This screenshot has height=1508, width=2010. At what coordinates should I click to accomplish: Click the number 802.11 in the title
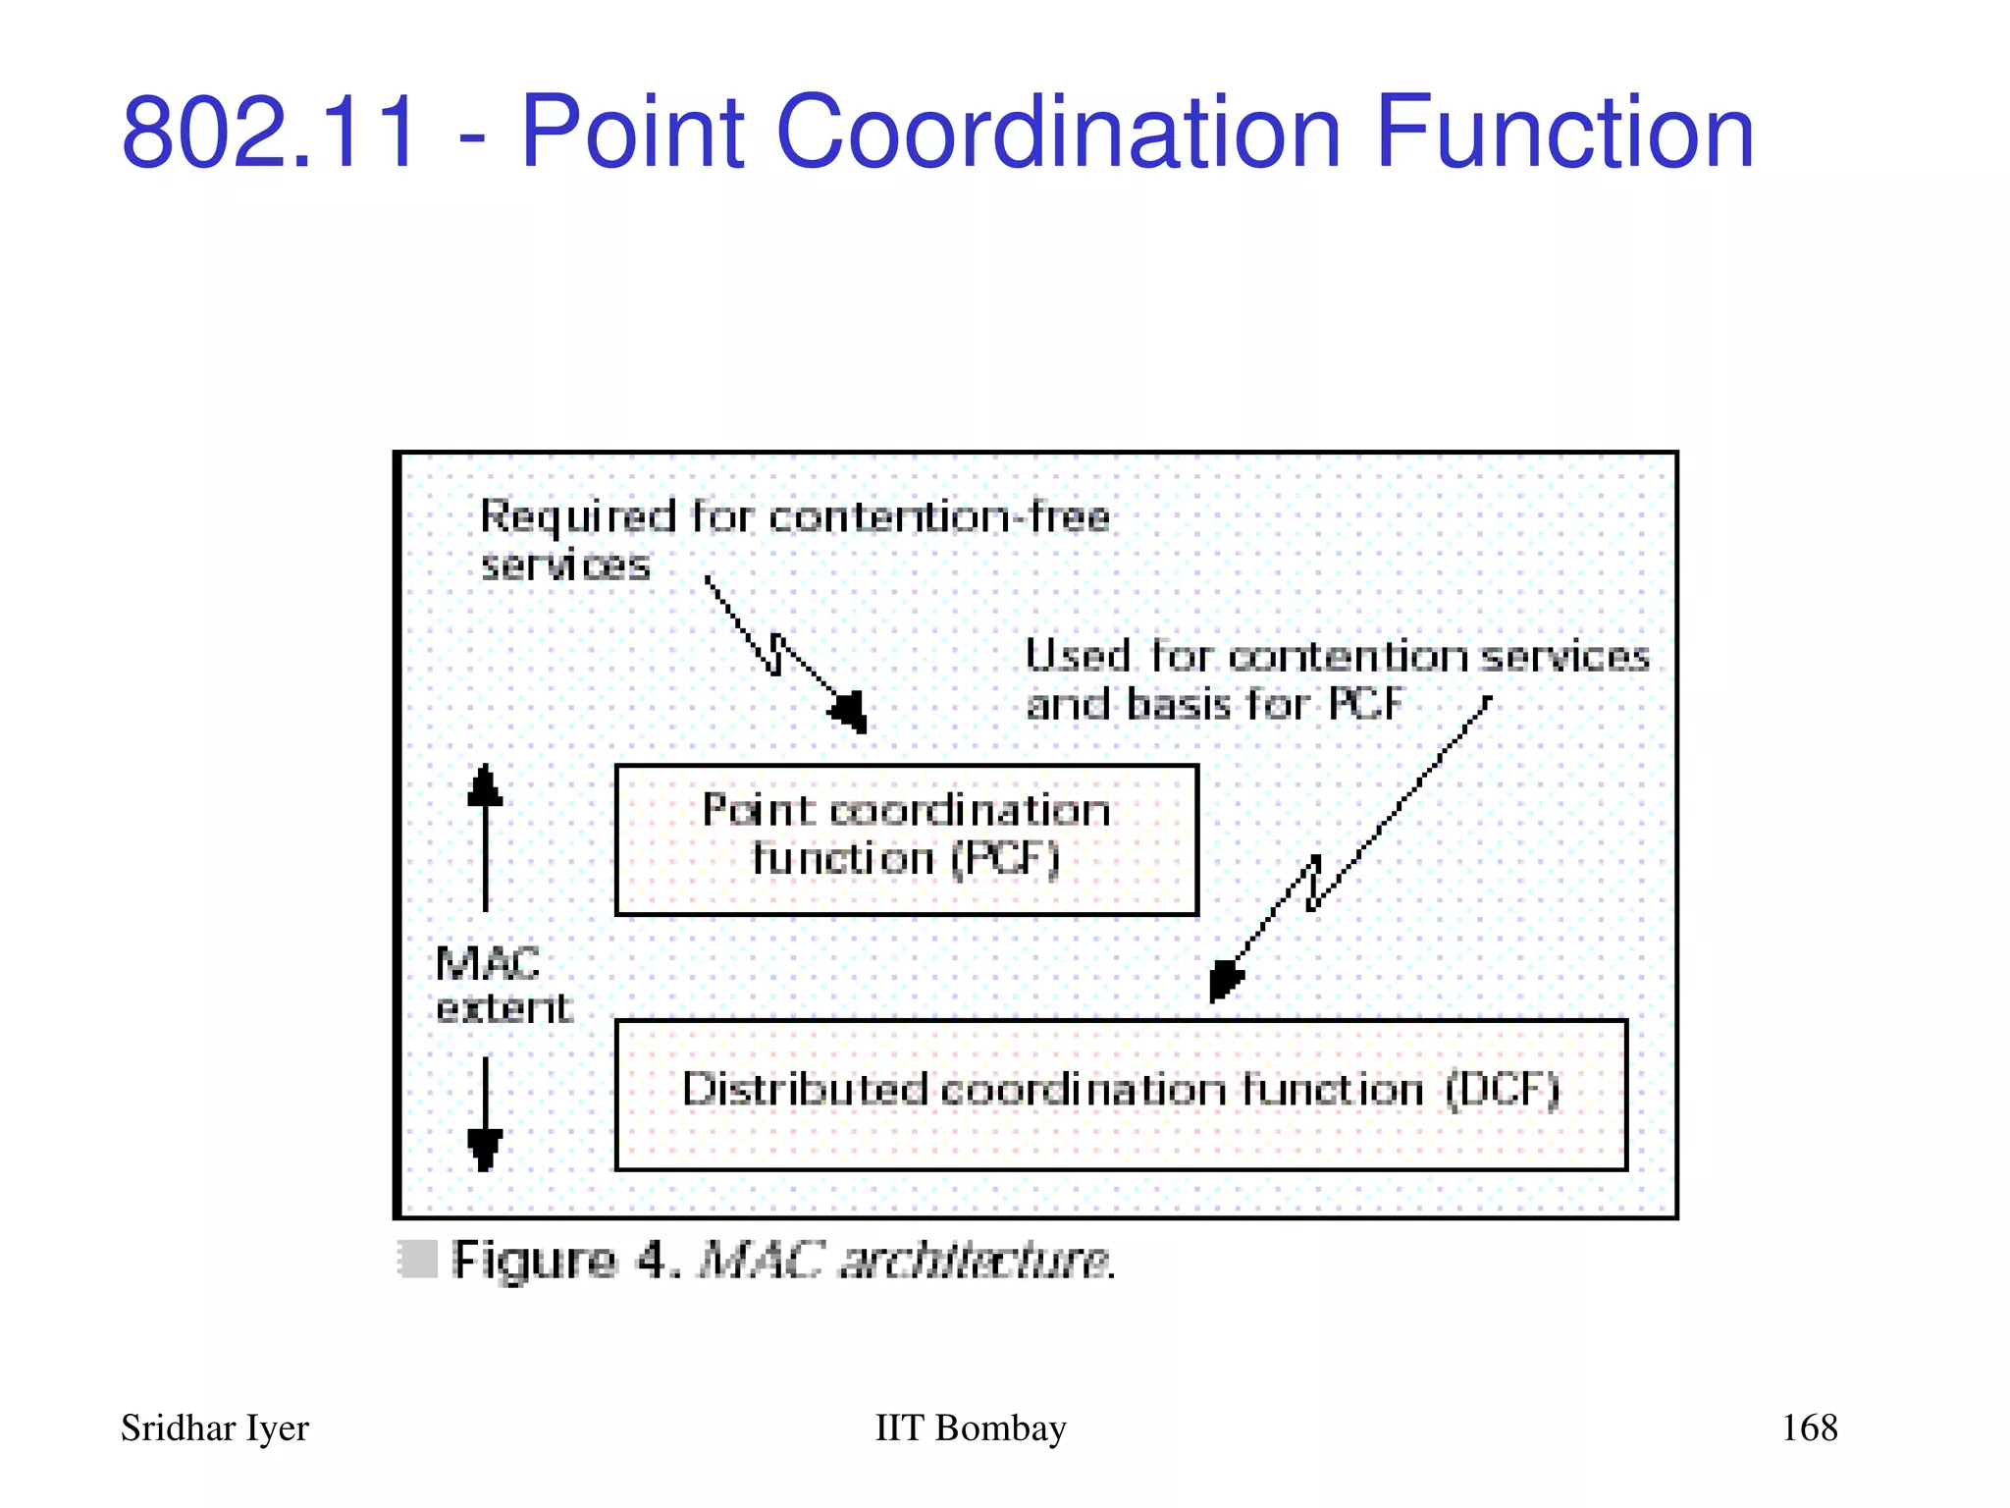click(x=270, y=132)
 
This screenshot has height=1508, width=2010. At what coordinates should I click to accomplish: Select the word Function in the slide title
click(x=1564, y=132)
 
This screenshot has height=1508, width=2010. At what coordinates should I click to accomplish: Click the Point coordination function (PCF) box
click(x=906, y=839)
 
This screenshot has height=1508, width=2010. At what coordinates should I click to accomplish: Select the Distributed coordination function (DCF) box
click(x=1121, y=1095)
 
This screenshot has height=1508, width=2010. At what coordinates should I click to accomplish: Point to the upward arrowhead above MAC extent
click(x=485, y=786)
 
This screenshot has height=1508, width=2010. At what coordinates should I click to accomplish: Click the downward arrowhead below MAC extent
click(x=485, y=1148)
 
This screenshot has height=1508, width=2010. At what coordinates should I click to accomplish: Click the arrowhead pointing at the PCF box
click(x=850, y=711)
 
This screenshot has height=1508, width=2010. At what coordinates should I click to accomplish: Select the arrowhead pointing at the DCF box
click(x=1224, y=980)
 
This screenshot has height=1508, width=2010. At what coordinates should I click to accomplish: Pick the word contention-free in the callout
click(x=939, y=516)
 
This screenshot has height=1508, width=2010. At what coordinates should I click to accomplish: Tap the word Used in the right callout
click(x=1078, y=656)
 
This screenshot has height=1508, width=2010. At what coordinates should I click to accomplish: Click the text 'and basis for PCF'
click(x=1214, y=704)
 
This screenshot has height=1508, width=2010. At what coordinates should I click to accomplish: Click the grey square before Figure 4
click(x=417, y=1260)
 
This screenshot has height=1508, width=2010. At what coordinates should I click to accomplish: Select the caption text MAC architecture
click(x=907, y=1261)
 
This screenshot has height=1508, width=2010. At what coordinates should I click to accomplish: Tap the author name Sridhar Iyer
click(x=214, y=1427)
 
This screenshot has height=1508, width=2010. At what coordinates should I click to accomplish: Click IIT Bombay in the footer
click(x=970, y=1427)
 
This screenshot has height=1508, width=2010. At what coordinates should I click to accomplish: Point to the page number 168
click(x=1809, y=1427)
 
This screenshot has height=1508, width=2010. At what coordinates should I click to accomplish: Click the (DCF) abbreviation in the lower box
click(x=1503, y=1090)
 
